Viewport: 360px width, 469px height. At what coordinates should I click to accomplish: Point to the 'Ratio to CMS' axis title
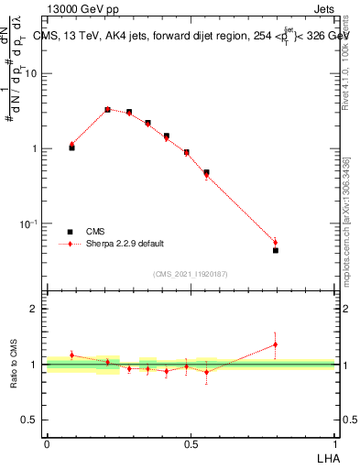click(x=16, y=365)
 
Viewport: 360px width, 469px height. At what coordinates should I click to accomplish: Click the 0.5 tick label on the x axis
click(x=191, y=443)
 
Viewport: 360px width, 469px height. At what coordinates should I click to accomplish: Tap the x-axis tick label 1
click(x=335, y=443)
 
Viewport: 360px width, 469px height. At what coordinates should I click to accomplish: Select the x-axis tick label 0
click(x=47, y=443)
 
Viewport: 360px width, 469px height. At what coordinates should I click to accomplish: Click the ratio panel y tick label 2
click(x=34, y=309)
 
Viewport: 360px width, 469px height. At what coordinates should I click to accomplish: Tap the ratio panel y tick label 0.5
click(x=30, y=420)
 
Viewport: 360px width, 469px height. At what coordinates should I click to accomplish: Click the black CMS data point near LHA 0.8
click(x=275, y=250)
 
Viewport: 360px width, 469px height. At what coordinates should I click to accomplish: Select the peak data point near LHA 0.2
click(x=107, y=109)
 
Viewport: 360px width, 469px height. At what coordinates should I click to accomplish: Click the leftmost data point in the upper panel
click(x=71, y=147)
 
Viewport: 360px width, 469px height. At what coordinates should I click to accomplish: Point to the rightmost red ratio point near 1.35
click(x=275, y=345)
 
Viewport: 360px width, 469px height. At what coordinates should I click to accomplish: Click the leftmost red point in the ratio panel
click(x=71, y=354)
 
